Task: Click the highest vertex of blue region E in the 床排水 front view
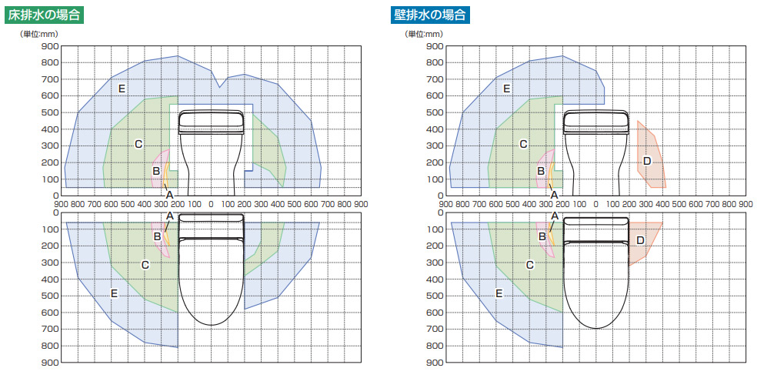point(178,55)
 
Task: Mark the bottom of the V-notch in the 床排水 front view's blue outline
point(219,87)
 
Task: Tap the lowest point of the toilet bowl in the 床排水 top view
point(212,326)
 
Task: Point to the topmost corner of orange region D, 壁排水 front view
point(637,121)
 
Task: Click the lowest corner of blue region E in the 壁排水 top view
point(562,347)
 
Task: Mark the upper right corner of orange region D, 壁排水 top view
point(662,222)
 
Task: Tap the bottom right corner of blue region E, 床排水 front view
point(319,188)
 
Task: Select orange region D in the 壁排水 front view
point(649,156)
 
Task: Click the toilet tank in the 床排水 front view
point(212,122)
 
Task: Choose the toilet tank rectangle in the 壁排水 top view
point(596,221)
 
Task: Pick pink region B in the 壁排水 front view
point(544,169)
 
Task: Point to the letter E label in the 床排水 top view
point(114,293)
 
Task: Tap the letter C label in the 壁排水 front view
point(523,144)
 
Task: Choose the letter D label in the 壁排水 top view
point(640,241)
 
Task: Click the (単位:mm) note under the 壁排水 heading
point(424,34)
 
